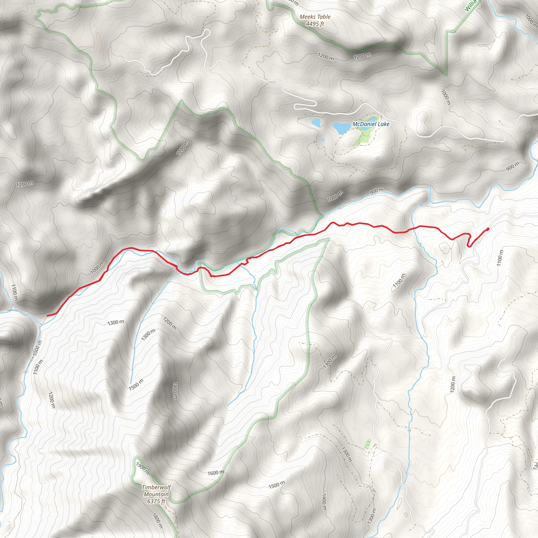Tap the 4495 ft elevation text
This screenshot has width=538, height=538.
(x=315, y=24)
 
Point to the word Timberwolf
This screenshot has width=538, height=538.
(x=156, y=487)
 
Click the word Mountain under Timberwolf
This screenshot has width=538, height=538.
(x=156, y=494)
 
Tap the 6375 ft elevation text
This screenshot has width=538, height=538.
(x=156, y=501)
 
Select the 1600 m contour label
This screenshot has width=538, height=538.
(x=215, y=473)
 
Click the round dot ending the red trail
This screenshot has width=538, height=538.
(x=488, y=229)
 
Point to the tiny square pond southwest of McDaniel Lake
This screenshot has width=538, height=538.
(x=323, y=140)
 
